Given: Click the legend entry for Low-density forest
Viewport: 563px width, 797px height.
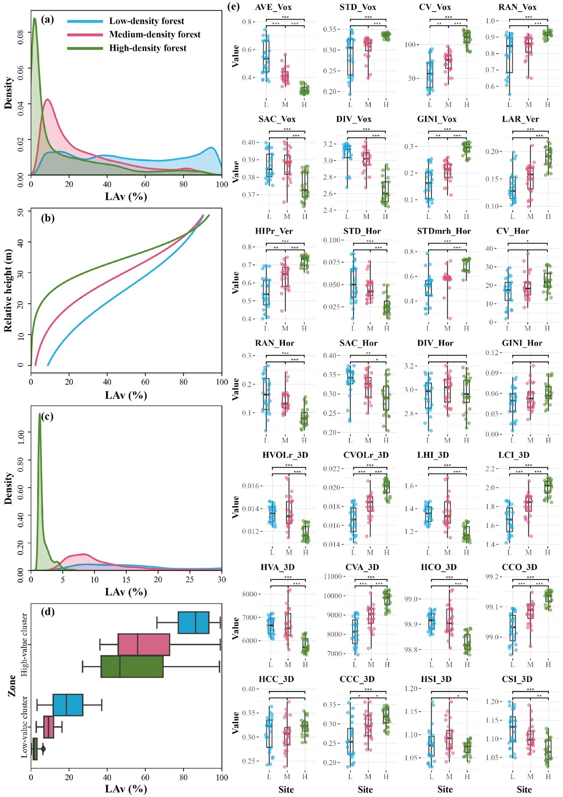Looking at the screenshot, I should point(146,21).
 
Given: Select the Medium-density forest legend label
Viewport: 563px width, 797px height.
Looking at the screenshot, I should point(155,35).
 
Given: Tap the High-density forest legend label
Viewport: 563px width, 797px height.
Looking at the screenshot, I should point(147,48).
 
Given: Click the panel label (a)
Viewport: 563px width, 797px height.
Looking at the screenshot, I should point(47,20).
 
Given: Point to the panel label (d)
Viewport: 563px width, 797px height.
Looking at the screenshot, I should point(47,612).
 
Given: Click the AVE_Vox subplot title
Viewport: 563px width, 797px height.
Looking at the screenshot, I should point(274,7).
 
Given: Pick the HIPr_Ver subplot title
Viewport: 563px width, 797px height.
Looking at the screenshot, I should point(274,231).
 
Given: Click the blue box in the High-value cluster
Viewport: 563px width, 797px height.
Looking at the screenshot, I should point(193,623).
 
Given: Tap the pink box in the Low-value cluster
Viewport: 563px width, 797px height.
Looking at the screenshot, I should point(48,727).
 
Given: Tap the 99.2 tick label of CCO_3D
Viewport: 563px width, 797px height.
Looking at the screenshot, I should point(494,576).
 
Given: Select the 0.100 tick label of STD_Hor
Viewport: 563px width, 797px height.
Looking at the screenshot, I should point(331,240).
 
